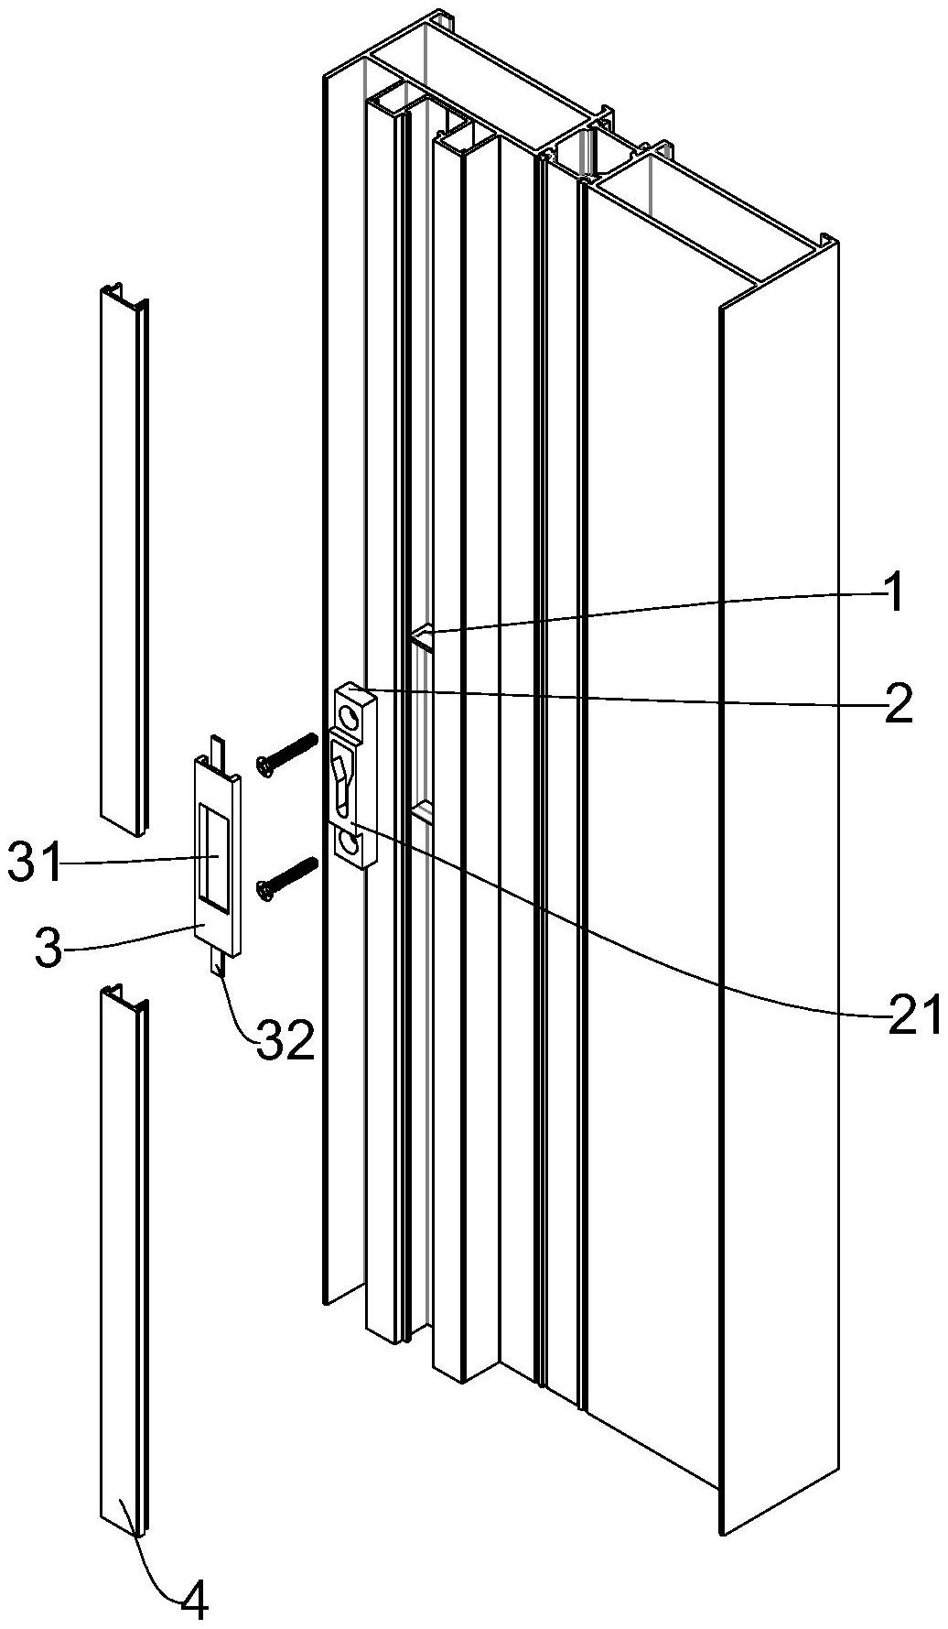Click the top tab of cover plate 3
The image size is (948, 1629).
click(x=217, y=745)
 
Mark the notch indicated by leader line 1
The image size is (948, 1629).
click(x=422, y=635)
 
